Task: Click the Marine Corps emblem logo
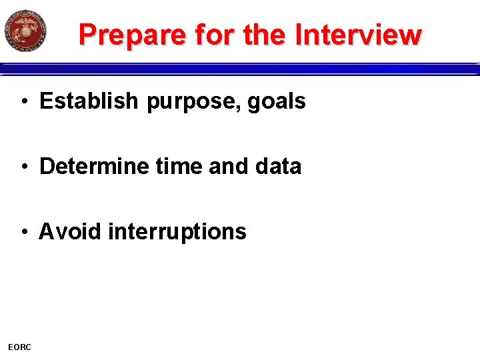click(25, 31)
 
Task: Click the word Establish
click(90, 101)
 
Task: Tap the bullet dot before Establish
click(24, 102)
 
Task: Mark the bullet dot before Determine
click(24, 167)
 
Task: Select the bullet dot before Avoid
click(24, 232)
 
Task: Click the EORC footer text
click(19, 347)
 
